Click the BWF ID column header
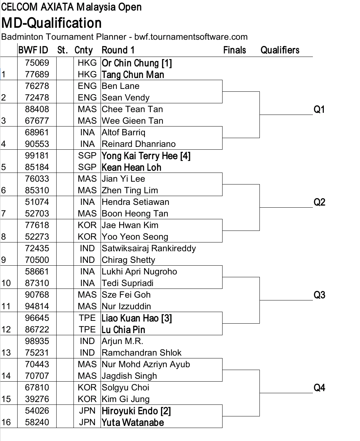click(x=33, y=50)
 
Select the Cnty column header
click(x=83, y=51)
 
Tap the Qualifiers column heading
click(x=280, y=50)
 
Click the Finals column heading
click(x=234, y=50)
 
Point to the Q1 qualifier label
click(x=319, y=109)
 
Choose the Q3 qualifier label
click(x=320, y=295)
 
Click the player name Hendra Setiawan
click(x=135, y=202)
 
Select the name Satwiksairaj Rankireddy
click(x=149, y=248)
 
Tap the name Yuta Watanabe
click(x=133, y=422)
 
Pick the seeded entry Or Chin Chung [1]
click(x=137, y=63)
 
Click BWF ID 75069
click(x=37, y=63)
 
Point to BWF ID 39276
click(x=37, y=399)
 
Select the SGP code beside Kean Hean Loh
click(x=87, y=167)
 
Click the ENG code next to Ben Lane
click(x=87, y=86)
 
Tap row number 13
click(x=6, y=352)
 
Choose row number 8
click(x=4, y=237)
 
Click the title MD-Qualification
click(x=51, y=23)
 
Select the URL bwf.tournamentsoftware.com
click(x=191, y=37)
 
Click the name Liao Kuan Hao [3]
click(x=137, y=318)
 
